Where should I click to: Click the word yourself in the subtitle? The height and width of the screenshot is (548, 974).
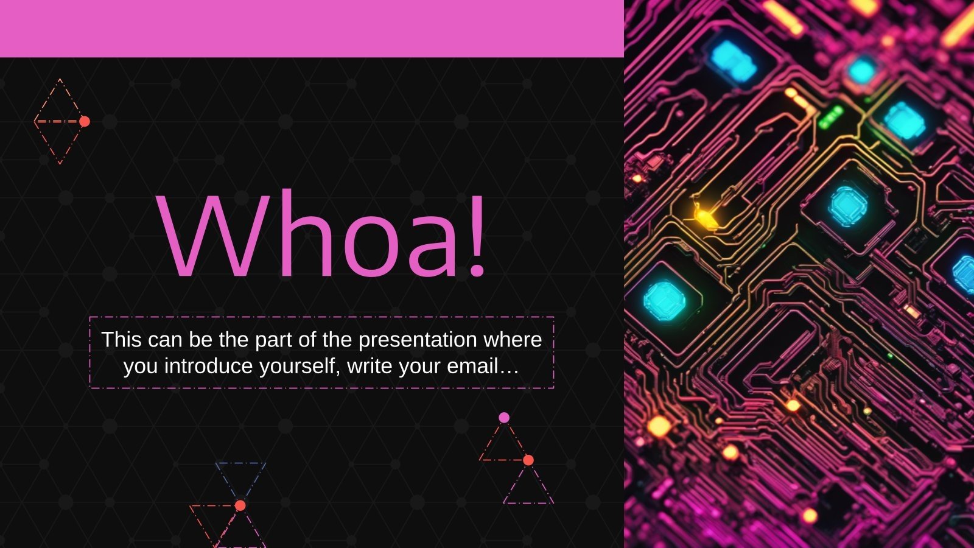(300, 367)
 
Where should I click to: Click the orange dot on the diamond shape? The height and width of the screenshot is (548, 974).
(85, 121)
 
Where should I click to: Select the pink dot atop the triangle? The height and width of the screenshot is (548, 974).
(504, 418)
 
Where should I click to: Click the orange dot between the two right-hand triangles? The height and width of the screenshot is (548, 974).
(528, 460)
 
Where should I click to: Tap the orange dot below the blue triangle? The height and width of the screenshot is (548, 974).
(240, 505)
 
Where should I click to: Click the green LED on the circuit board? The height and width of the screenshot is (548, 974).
(830, 117)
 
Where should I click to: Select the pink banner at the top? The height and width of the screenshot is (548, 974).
(312, 29)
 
